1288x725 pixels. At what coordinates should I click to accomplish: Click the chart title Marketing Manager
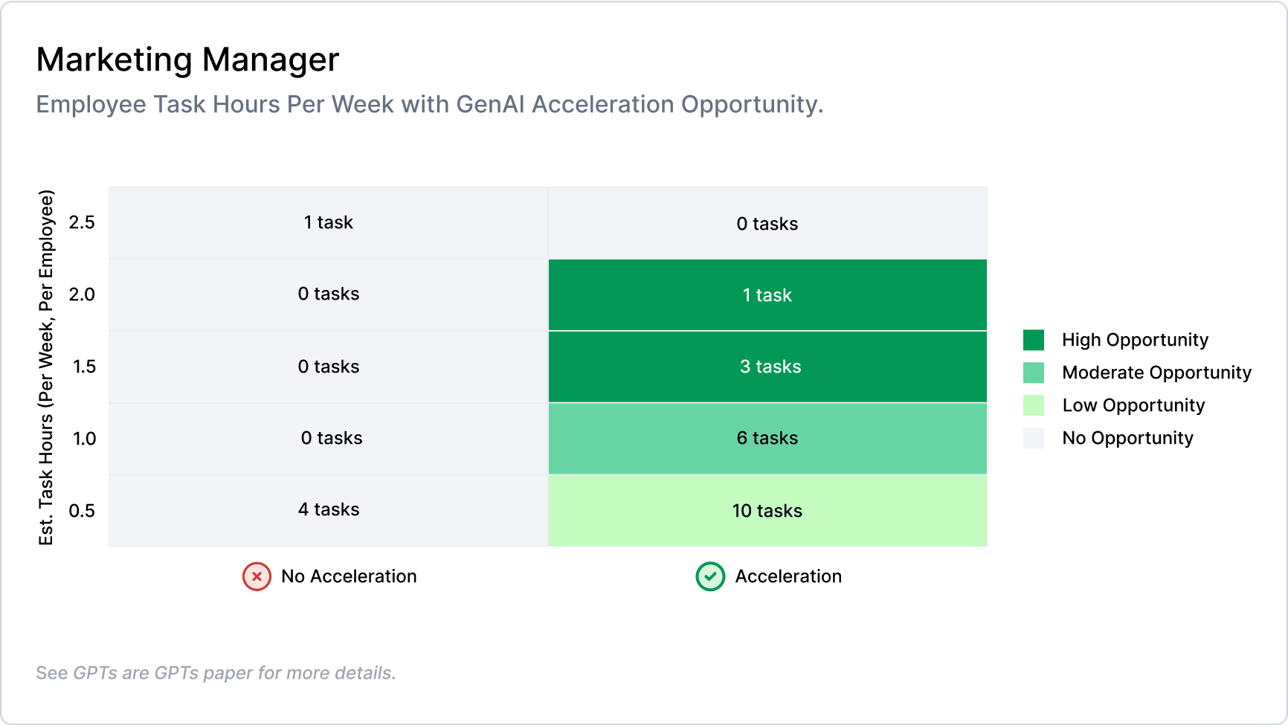187,60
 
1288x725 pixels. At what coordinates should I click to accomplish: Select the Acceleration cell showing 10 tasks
767,511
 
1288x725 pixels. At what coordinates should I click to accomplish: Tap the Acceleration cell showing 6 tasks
767,438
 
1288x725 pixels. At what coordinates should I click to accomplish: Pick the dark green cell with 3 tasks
767,367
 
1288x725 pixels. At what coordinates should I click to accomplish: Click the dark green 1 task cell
767,295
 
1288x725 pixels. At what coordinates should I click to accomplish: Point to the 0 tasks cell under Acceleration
767,224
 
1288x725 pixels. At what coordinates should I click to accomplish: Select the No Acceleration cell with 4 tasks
329,510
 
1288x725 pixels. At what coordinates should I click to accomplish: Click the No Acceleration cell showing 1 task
329,222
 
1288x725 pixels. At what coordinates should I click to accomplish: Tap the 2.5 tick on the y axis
82,222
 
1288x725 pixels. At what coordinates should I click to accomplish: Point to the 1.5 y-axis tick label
84,367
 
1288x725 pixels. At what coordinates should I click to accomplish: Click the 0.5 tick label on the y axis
82,511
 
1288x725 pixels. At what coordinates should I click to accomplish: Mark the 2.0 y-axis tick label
82,294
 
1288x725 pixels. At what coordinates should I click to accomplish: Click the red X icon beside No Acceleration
257,576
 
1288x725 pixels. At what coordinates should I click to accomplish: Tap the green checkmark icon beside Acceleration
710,576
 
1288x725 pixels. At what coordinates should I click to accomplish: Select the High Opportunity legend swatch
1034,340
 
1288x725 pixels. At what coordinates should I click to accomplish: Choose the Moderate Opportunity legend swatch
1034,373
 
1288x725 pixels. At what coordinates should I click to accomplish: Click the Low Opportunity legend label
1133,405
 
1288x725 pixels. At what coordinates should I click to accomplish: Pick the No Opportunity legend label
1127,438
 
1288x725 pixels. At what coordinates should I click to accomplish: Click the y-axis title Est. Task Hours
46,367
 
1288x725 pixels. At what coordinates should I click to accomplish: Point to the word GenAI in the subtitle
490,104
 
